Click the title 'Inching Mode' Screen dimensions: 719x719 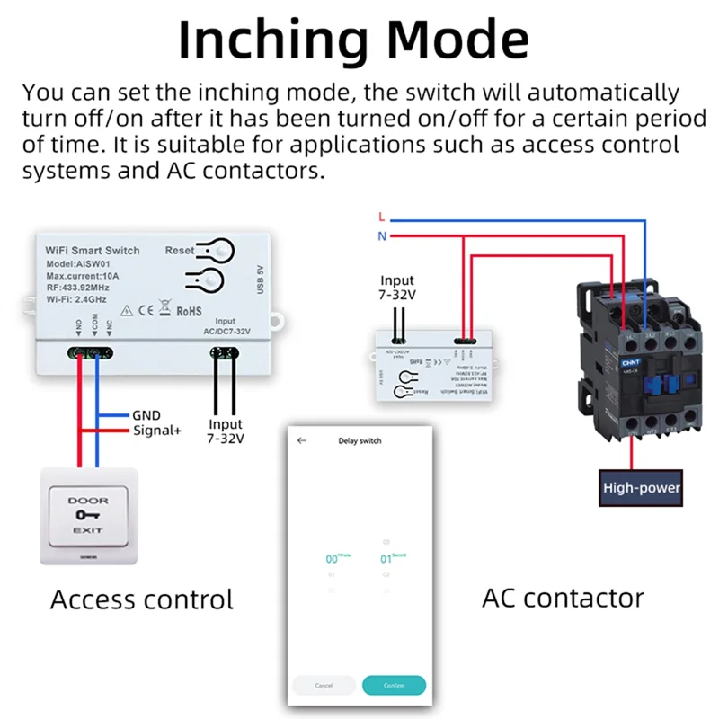352,40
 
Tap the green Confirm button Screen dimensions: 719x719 394,685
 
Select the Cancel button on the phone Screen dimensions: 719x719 324,685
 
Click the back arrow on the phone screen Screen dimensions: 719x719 302,441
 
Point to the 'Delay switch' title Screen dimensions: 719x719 359,441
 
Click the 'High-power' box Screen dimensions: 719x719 641,488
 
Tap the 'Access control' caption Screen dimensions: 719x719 142,599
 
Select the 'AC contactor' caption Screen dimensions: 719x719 563,597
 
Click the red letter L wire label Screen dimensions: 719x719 381,217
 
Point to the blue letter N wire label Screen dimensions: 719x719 381,236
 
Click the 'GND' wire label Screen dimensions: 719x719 146,415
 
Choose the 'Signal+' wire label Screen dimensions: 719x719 156,431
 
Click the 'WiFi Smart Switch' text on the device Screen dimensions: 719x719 93,249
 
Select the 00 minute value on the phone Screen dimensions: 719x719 332,559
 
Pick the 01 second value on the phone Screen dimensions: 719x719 386,559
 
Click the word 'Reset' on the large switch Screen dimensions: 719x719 179,251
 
